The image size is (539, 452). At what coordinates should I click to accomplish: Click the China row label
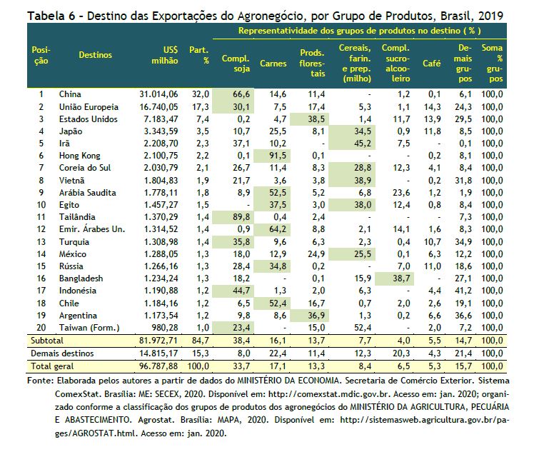click(x=70, y=94)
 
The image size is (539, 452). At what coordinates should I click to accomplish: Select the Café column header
click(x=431, y=64)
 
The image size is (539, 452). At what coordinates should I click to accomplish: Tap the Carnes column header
click(x=273, y=64)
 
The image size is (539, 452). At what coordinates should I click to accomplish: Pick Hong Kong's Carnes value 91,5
click(x=278, y=156)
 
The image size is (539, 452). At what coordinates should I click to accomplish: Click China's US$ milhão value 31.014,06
click(x=158, y=94)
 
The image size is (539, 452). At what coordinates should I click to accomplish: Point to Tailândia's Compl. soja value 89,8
click(x=241, y=217)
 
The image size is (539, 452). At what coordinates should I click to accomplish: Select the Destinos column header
click(x=95, y=55)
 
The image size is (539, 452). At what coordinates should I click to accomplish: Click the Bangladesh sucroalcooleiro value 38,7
click(x=401, y=278)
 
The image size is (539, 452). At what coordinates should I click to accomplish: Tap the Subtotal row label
click(x=47, y=341)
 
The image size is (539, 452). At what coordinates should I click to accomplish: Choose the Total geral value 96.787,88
click(x=158, y=366)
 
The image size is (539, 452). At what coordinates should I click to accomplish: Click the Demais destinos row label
click(x=62, y=353)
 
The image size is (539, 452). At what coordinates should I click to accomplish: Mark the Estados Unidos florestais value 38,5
click(x=316, y=119)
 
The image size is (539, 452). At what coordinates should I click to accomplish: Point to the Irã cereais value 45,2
click(x=363, y=144)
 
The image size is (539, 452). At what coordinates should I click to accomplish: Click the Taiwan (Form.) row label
click(x=89, y=328)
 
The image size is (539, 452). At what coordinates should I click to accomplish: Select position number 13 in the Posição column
click(x=41, y=242)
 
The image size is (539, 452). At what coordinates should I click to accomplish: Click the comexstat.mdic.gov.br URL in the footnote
click(x=329, y=394)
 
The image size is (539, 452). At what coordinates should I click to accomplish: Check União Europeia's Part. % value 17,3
click(x=201, y=107)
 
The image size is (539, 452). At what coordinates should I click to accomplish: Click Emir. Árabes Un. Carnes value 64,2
click(x=278, y=229)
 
